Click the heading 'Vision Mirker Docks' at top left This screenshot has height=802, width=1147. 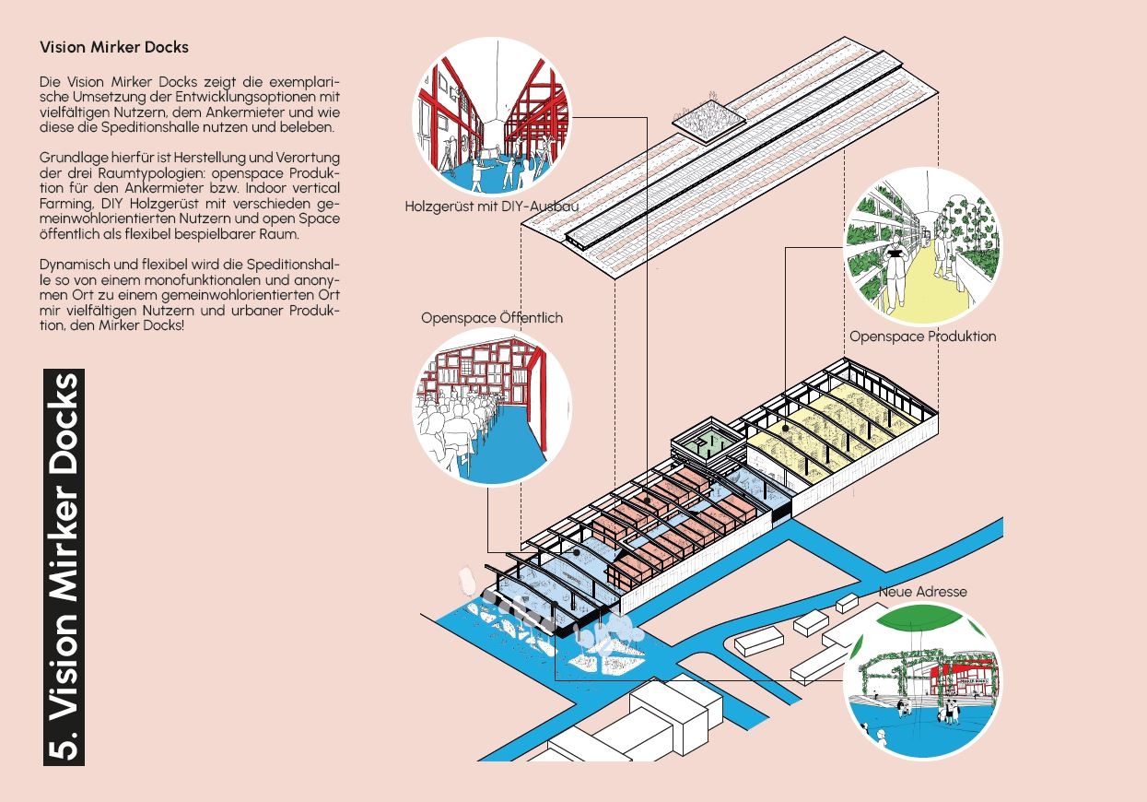click(x=114, y=47)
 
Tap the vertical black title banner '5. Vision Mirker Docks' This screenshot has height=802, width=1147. click(x=64, y=567)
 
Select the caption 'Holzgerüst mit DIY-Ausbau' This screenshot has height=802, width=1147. click(x=491, y=206)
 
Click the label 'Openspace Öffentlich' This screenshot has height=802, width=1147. click(x=491, y=318)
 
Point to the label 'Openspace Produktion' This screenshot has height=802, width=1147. click(x=922, y=336)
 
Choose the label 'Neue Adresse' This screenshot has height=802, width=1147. click(x=922, y=591)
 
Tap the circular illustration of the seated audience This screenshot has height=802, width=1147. click(x=492, y=407)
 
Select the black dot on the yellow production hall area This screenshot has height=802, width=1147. click(x=785, y=429)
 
